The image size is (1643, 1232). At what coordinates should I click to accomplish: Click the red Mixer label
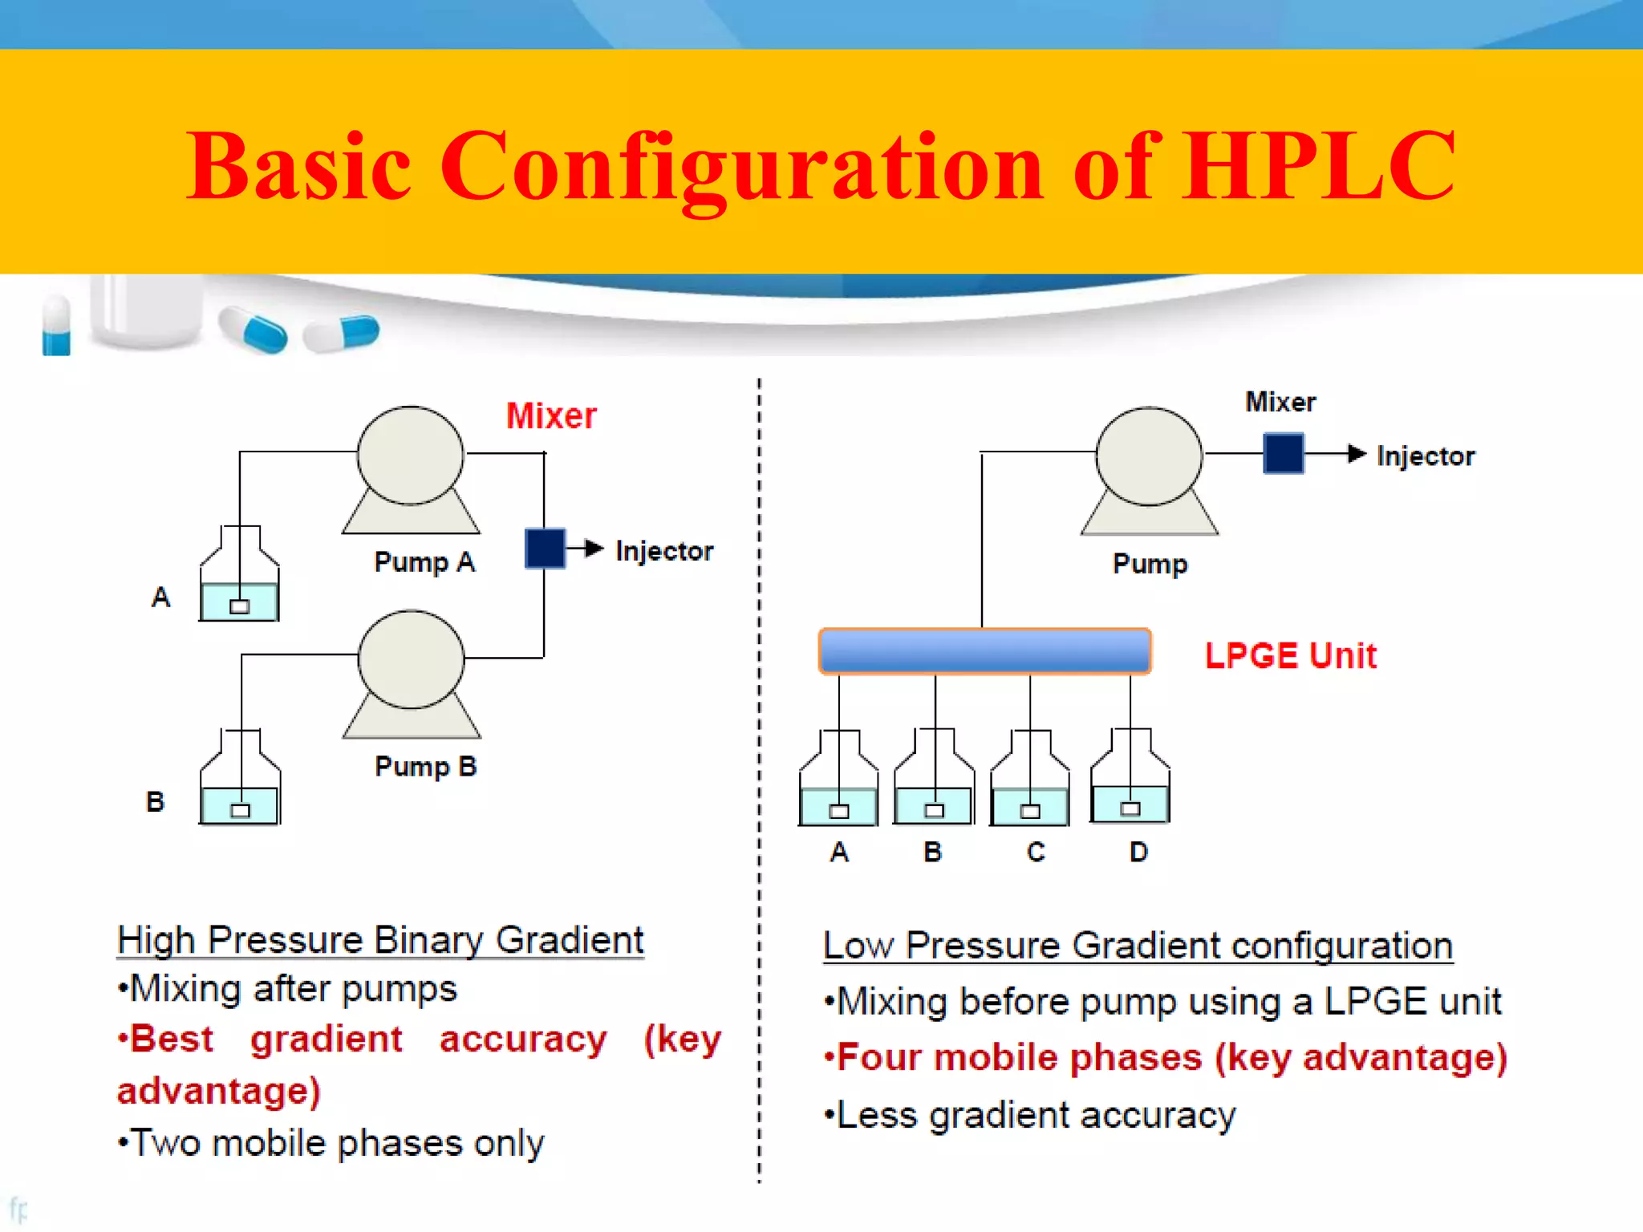(551, 415)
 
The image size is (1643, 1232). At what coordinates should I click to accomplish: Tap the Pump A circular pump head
(410, 455)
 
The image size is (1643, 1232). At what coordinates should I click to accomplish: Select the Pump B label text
(425, 766)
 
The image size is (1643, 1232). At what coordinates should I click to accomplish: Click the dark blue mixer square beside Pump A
(545, 549)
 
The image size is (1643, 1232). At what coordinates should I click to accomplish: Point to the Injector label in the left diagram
(664, 551)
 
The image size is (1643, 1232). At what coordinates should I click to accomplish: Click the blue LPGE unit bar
(984, 650)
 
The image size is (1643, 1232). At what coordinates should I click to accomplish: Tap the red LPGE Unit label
(1290, 655)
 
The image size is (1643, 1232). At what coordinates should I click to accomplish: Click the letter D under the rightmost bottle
(1138, 852)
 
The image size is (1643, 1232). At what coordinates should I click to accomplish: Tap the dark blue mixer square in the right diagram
(1283, 453)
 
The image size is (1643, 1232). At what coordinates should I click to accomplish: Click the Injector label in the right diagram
(1426, 456)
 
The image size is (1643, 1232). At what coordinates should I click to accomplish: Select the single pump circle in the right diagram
(1149, 456)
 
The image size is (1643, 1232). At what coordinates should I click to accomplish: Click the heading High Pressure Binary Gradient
(380, 940)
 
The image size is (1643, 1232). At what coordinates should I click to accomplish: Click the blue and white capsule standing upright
(56, 326)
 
